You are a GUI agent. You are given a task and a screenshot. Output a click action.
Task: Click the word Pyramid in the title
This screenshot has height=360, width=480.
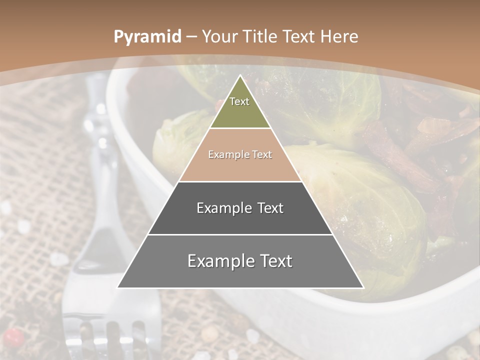(147, 37)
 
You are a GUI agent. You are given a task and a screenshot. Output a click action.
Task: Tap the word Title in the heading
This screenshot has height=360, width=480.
(260, 37)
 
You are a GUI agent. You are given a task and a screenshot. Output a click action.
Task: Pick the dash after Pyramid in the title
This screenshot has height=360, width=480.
(191, 37)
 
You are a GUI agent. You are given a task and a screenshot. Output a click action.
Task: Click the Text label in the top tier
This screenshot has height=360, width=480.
(239, 101)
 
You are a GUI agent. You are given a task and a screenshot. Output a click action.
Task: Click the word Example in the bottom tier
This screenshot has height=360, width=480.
(218, 261)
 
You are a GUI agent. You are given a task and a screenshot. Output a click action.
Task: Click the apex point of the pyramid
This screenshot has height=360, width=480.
(240, 76)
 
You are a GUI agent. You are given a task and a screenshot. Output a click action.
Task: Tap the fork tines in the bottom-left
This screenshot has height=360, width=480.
(107, 335)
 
